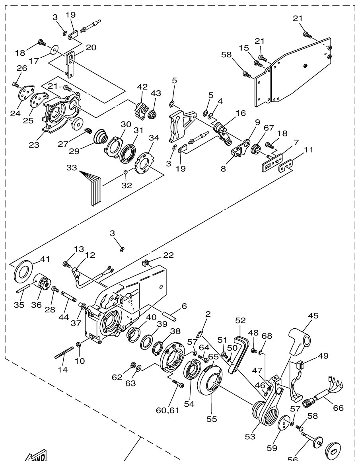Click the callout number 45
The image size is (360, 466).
point(313,316)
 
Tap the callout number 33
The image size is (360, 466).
point(72,168)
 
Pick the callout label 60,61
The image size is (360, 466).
point(167,410)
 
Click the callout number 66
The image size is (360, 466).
point(338,408)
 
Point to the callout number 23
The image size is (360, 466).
point(34,145)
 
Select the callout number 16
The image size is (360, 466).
point(240,113)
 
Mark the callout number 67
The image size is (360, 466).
point(269,128)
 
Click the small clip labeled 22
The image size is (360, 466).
point(146,262)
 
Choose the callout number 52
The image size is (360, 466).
point(240,320)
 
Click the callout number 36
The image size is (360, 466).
point(36,305)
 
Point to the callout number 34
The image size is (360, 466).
point(154,138)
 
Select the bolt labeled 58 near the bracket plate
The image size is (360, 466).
point(246,74)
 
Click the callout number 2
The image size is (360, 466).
point(208,314)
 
